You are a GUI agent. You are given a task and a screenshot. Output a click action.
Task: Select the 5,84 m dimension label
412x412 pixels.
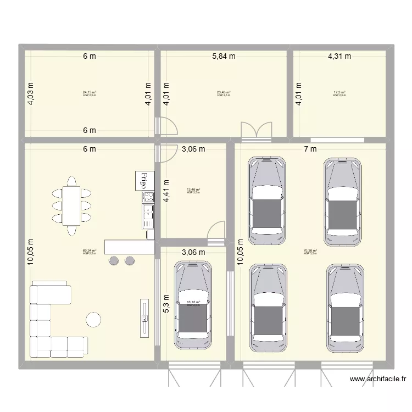[x=224, y=56]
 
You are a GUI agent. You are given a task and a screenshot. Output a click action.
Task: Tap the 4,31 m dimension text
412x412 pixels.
[x=339, y=56]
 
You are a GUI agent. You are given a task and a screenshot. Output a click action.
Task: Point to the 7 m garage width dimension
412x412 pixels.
[x=311, y=149]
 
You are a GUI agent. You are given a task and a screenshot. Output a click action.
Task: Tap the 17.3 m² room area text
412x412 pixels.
[x=339, y=93]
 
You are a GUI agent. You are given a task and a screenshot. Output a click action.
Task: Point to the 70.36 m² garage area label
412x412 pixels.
[x=310, y=252]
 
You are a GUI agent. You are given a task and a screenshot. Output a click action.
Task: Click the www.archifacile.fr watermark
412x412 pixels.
[x=379, y=378]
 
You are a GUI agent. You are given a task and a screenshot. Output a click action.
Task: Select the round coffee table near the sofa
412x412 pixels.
[x=93, y=320]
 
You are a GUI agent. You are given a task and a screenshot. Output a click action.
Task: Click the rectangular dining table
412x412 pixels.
[x=71, y=207]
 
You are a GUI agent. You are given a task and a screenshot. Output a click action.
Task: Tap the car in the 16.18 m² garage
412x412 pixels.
[x=193, y=305]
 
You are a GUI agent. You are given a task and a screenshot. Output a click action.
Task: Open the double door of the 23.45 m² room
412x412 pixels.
[x=257, y=130]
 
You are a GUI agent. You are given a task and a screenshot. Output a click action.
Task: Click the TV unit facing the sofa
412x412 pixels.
[x=144, y=318]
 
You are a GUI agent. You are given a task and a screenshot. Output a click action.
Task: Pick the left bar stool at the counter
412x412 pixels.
[x=114, y=260]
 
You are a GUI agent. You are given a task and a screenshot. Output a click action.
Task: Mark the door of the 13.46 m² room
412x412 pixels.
[x=218, y=231]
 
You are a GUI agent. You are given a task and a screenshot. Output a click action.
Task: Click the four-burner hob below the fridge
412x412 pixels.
[x=148, y=197]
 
